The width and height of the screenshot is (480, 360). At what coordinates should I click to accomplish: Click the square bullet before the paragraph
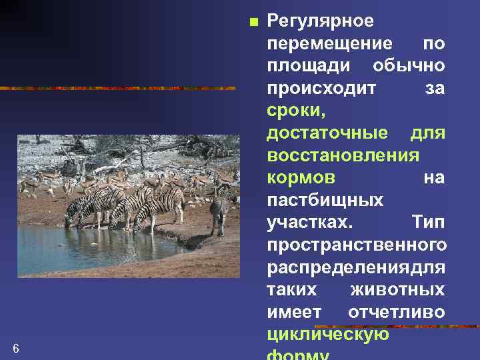[252, 22]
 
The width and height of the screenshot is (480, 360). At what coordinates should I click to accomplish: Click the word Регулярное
[320, 21]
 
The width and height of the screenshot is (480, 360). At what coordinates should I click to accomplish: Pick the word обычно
[409, 66]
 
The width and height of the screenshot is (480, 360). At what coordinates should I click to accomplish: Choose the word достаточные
[327, 133]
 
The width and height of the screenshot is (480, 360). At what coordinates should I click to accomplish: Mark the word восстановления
[343, 156]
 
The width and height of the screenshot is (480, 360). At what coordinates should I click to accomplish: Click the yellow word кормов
[301, 178]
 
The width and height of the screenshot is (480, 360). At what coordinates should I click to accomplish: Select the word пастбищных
[325, 201]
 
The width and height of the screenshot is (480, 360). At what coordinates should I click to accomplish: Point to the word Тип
[428, 223]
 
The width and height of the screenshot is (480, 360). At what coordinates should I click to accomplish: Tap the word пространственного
[357, 245]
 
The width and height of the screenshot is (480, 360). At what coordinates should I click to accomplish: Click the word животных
[397, 291]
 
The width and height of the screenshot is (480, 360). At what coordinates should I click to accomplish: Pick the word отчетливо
[397, 313]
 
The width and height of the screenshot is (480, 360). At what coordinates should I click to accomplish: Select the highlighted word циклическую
[327, 335]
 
